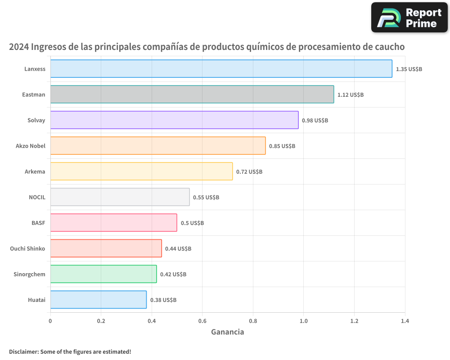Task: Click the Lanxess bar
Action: click(x=221, y=69)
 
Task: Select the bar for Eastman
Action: click(x=192, y=94)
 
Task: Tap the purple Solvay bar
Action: click(x=174, y=120)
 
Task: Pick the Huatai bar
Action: click(x=98, y=300)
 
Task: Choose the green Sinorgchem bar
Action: click(x=103, y=274)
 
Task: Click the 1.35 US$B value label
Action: click(x=409, y=69)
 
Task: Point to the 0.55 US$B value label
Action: click(x=206, y=198)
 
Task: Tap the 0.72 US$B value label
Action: click(x=249, y=172)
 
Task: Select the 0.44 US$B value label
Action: click(x=178, y=249)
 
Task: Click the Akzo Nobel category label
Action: click(x=31, y=146)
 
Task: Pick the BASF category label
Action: click(x=38, y=223)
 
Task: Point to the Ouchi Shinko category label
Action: click(x=27, y=248)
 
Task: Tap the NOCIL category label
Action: click(x=37, y=197)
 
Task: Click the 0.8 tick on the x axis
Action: click(x=253, y=321)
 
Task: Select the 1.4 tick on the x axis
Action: click(x=405, y=321)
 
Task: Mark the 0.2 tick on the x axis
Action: click(x=101, y=321)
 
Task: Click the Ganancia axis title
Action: click(x=228, y=332)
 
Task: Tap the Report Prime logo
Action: click(x=409, y=18)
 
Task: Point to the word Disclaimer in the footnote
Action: click(x=23, y=351)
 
